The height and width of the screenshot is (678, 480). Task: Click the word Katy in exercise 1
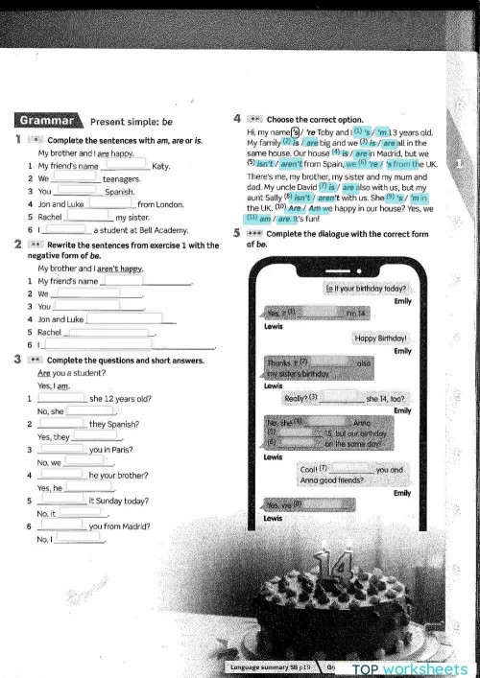[161, 166]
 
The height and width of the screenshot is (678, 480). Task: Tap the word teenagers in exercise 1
[122, 178]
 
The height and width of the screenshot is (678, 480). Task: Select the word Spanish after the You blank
[119, 192]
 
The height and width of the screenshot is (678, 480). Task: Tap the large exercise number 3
[20, 359]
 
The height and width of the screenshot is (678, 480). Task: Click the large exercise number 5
[237, 233]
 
